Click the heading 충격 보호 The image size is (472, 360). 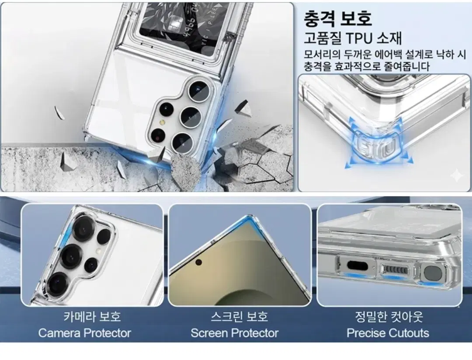coord(337,18)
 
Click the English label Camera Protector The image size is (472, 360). coord(85,333)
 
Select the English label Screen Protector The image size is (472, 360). coord(235,333)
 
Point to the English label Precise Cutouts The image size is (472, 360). coord(388,333)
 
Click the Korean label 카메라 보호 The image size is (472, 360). coord(92,316)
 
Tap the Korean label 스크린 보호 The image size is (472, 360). coord(239,316)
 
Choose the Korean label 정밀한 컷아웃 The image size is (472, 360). coord(389,316)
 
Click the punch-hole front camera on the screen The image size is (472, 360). coord(198,262)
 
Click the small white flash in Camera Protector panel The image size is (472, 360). coord(97,250)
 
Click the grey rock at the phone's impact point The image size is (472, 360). coord(185,169)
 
